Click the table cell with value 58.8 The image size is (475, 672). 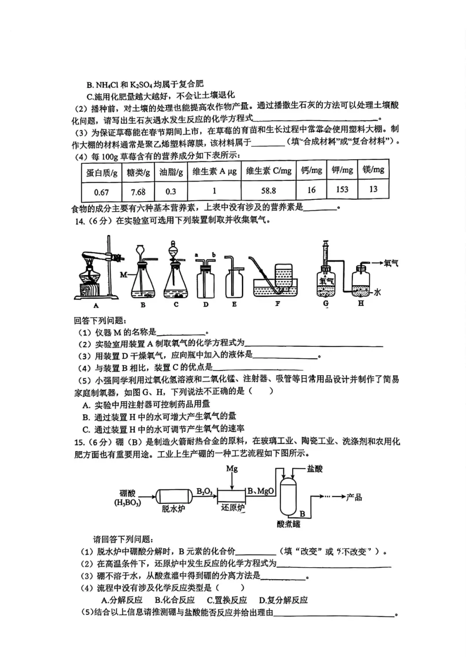(268, 191)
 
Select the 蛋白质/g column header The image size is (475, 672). (102, 173)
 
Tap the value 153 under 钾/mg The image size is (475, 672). (342, 189)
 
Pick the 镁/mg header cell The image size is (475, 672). (373, 170)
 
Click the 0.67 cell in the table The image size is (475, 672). (101, 192)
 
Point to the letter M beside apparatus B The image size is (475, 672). (123, 275)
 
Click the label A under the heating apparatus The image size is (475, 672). (96, 305)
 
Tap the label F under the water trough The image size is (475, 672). (277, 304)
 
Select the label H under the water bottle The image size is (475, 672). (361, 303)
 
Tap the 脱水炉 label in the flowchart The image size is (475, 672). (172, 509)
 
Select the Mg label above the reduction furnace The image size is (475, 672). (232, 469)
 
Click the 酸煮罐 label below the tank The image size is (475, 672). (289, 524)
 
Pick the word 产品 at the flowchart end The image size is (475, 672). (354, 497)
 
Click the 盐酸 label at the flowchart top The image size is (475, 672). (314, 469)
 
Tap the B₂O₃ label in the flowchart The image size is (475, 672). (205, 491)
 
